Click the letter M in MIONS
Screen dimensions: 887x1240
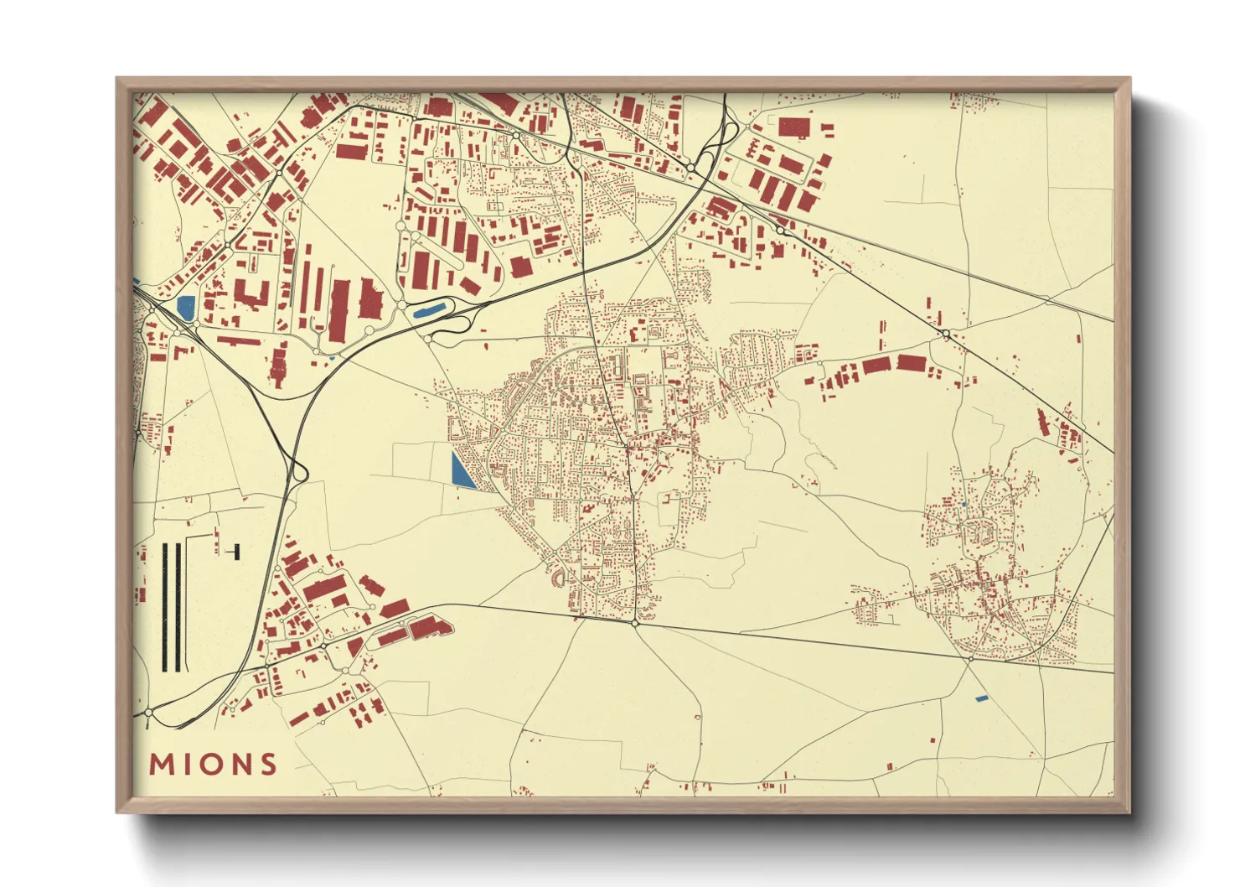coord(161,765)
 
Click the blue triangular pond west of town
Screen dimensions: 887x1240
coord(460,471)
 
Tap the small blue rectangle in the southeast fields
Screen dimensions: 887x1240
coord(982,698)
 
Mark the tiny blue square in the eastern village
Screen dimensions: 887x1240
coord(964,504)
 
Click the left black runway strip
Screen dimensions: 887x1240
coord(165,607)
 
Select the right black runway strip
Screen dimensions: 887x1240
coord(177,607)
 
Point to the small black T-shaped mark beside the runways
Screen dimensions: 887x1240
coord(235,551)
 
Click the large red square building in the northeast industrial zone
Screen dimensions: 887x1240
coord(794,127)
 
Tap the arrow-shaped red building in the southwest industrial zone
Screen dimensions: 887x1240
coord(428,628)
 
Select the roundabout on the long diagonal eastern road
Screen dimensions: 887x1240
coord(945,334)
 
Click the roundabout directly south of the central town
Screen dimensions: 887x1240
coord(635,623)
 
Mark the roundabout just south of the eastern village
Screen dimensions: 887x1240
coord(969,659)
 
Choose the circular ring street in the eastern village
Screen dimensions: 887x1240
coord(974,532)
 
